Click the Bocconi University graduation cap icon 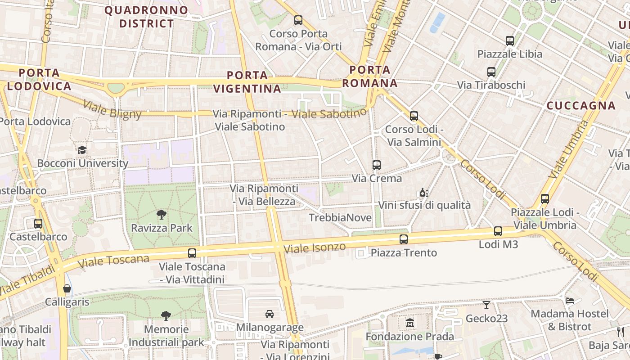pyautogui.click(x=82, y=150)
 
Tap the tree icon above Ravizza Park pyautogui.click(x=162, y=214)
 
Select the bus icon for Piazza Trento pyautogui.click(x=404, y=239)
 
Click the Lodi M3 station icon pyautogui.click(x=498, y=231)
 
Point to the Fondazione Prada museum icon pyautogui.click(x=409, y=323)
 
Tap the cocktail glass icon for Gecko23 pyautogui.click(x=486, y=305)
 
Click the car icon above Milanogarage pyautogui.click(x=270, y=314)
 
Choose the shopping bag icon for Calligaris pyautogui.click(x=67, y=288)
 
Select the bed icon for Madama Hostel pyautogui.click(x=570, y=300)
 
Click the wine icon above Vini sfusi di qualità pyautogui.click(x=424, y=193)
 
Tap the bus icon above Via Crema pyautogui.click(x=377, y=165)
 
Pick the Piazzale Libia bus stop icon pyautogui.click(x=510, y=40)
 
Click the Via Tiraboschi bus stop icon pyautogui.click(x=491, y=72)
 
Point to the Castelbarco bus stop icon pyautogui.click(x=38, y=223)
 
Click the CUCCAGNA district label pyautogui.click(x=581, y=106)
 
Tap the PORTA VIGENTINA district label pyautogui.click(x=247, y=82)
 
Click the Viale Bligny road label pyautogui.click(x=112, y=110)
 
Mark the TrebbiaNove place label pyautogui.click(x=340, y=218)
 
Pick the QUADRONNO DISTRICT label pyautogui.click(x=139, y=17)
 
